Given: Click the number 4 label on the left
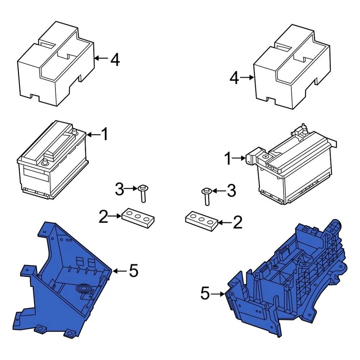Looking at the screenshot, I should pyautogui.click(x=115, y=59).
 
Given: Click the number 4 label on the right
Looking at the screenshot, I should pyautogui.click(x=234, y=78).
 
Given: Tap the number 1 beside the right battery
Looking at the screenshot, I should pyautogui.click(x=228, y=159).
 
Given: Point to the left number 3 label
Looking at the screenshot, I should pyautogui.click(x=119, y=189).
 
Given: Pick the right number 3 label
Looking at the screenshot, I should pyautogui.click(x=231, y=191).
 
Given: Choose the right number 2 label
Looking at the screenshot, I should pyautogui.click(x=238, y=223).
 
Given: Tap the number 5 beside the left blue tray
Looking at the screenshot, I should pyautogui.click(x=133, y=271).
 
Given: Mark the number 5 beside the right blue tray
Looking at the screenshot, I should pyautogui.click(x=205, y=294).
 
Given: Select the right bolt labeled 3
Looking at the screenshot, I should pyautogui.click(x=206, y=196).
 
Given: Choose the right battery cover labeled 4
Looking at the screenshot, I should pyautogui.click(x=292, y=69).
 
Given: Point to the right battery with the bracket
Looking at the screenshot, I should pyautogui.click(x=296, y=169).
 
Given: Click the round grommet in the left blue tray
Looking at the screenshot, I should pyautogui.click(x=83, y=289).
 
